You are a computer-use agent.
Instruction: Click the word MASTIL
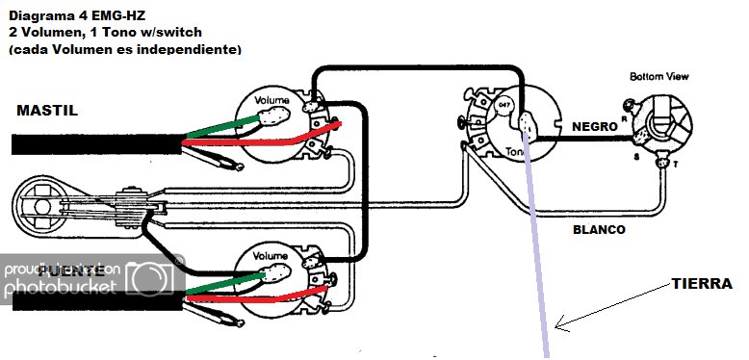pyautogui.click(x=47, y=111)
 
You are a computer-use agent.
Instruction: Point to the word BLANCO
pyautogui.click(x=599, y=230)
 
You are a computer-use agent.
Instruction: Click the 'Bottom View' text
pyautogui.click(x=659, y=76)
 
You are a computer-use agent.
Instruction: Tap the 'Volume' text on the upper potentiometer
pyautogui.click(x=272, y=100)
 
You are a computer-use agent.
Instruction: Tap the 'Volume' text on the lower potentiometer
pyautogui.click(x=271, y=257)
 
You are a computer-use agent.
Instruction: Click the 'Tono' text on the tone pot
pyautogui.click(x=515, y=152)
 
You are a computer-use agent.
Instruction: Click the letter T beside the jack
pyautogui.click(x=673, y=165)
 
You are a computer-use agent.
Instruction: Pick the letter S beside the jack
pyautogui.click(x=634, y=156)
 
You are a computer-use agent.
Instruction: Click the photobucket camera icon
pyautogui.click(x=155, y=276)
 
